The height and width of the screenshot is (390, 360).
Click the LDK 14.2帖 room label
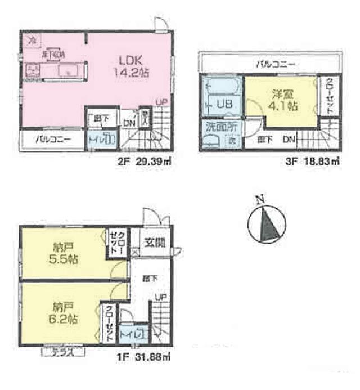tap(133, 65)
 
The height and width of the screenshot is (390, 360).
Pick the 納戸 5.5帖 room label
tap(63, 253)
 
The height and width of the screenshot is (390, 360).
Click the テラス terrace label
tap(64, 352)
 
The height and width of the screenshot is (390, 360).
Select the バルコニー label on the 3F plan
tap(274, 64)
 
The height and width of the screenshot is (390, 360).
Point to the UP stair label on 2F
tap(162, 102)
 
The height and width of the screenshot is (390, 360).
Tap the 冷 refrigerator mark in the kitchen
tap(33, 40)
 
